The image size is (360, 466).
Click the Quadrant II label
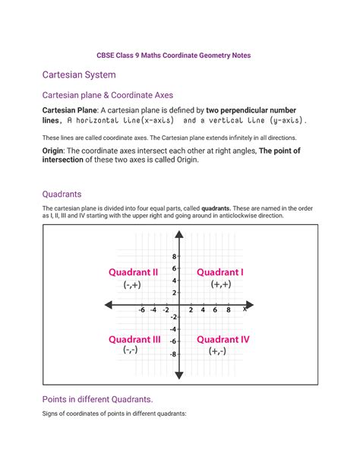(x=134, y=271)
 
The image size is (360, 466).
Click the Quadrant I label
(x=220, y=271)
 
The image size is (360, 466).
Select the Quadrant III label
(x=134, y=339)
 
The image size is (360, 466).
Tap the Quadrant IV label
(x=223, y=339)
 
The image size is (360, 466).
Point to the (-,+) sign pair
(x=134, y=284)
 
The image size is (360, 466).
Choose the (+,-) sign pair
(x=219, y=351)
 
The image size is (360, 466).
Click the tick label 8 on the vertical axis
(x=174, y=256)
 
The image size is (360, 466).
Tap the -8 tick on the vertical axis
(x=172, y=354)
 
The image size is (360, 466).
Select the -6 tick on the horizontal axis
(x=142, y=310)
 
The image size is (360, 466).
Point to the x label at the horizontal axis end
(x=245, y=309)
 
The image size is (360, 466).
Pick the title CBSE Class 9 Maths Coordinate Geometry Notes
(x=180, y=55)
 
